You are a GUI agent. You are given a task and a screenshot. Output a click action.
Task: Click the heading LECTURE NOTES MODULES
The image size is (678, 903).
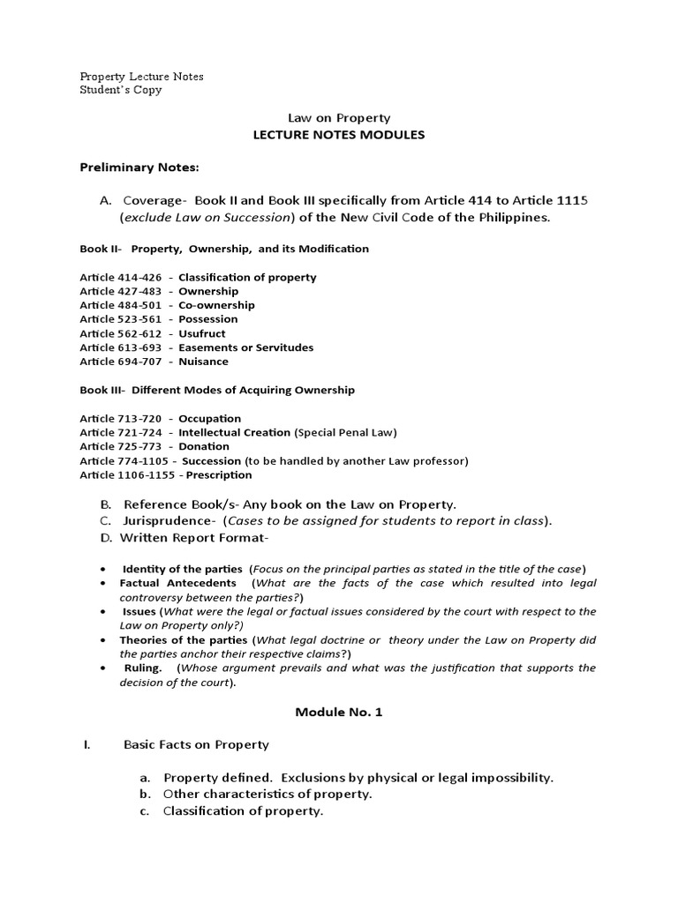tap(339, 135)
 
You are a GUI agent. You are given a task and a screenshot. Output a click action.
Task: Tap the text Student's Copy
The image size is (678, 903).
tap(121, 90)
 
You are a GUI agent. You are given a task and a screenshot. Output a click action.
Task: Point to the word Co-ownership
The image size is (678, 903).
tap(216, 305)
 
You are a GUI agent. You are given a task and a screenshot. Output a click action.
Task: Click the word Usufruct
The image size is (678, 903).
tap(202, 333)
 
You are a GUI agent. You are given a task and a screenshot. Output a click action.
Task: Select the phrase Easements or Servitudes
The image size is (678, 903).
tap(245, 347)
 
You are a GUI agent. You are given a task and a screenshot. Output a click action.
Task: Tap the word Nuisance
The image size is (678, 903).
tap(203, 362)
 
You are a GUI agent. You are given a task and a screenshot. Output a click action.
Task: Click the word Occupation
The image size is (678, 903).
tap(209, 419)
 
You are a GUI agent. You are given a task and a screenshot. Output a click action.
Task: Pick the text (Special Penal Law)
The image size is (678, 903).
tap(346, 433)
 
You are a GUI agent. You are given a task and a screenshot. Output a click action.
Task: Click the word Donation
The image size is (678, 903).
tap(204, 447)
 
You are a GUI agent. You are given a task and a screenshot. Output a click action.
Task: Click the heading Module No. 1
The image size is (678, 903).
tap(338, 712)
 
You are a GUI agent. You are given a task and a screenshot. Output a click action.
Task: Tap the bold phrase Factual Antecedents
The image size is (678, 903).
tap(177, 583)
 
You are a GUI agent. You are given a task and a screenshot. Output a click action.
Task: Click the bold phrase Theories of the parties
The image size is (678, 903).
tap(185, 639)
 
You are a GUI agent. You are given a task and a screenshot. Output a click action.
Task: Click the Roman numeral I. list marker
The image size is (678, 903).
tap(87, 745)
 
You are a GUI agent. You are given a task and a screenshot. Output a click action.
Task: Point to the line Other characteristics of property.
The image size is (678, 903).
tap(267, 794)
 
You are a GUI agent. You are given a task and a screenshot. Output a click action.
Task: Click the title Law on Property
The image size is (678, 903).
tap(339, 117)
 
